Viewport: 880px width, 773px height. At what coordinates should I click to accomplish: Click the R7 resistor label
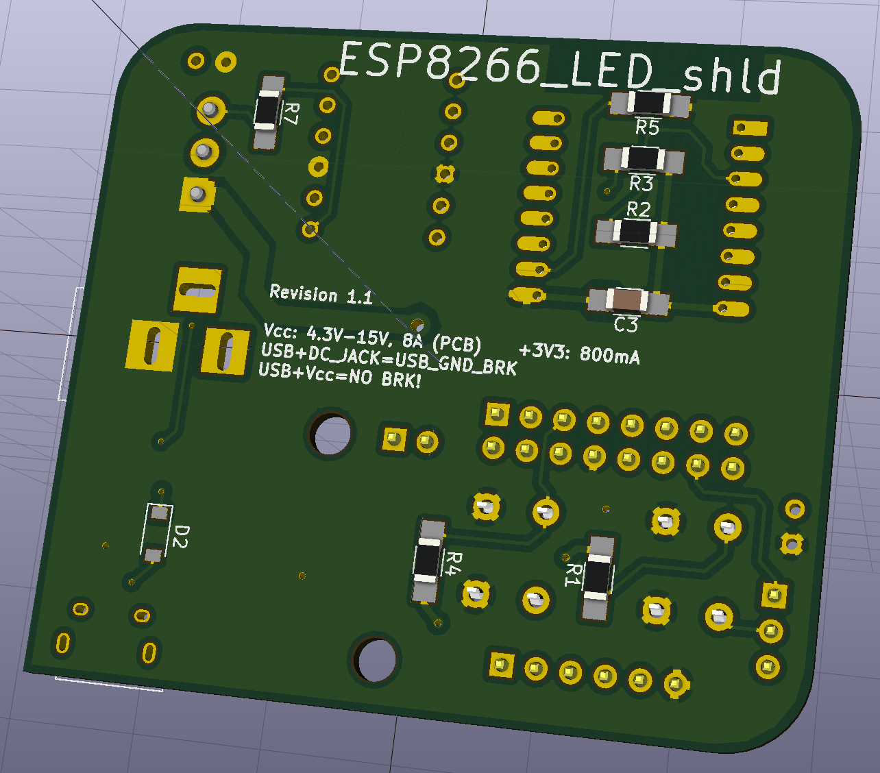pyautogui.click(x=292, y=114)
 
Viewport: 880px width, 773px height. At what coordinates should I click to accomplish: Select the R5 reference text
pyautogui.click(x=647, y=127)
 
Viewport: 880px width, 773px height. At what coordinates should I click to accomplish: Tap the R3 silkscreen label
pyautogui.click(x=641, y=184)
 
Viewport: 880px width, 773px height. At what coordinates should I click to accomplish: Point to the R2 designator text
pyautogui.click(x=639, y=210)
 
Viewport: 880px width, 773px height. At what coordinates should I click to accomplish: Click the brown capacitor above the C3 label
pyautogui.click(x=628, y=299)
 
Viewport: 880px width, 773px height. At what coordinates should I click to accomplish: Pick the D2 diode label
pyautogui.click(x=181, y=537)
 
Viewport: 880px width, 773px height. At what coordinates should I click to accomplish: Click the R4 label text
pyautogui.click(x=453, y=563)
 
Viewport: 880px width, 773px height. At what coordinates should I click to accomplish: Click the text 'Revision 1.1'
pyautogui.click(x=321, y=295)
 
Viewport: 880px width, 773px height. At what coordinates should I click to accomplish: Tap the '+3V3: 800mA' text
pyautogui.click(x=579, y=354)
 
